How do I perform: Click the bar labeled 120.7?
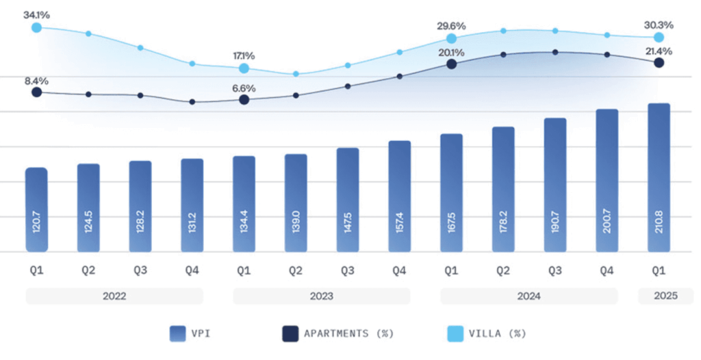36,209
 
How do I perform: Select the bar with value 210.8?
659,178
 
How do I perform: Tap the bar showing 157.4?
399,196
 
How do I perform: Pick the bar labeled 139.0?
296,203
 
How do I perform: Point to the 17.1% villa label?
244,55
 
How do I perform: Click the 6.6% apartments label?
244,88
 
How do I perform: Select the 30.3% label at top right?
659,25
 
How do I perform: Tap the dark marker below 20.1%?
451,64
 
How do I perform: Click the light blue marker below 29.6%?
451,39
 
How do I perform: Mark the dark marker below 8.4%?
36,92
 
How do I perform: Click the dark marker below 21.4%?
659,62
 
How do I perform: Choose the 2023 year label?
321,296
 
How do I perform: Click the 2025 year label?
665,296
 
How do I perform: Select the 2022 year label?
114,296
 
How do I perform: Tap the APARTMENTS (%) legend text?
350,334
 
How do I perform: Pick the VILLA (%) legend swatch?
454,334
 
